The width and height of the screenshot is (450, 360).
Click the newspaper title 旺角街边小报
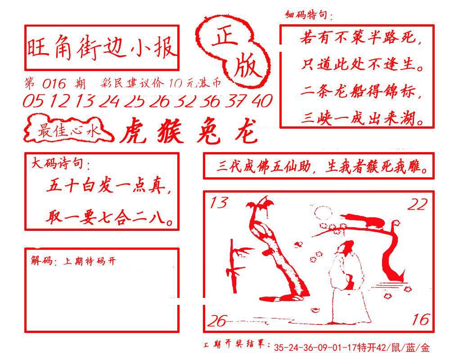pyautogui.click(x=102, y=48)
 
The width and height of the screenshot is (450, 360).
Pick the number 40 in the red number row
pyautogui.click(x=261, y=101)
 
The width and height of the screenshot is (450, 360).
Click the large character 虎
pyautogui.click(x=136, y=131)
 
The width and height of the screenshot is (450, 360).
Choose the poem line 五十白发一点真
pyautogui.click(x=108, y=186)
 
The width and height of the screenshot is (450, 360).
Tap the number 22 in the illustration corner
pyautogui.click(x=417, y=205)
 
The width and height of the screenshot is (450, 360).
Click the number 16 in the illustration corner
pyautogui.click(x=420, y=319)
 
